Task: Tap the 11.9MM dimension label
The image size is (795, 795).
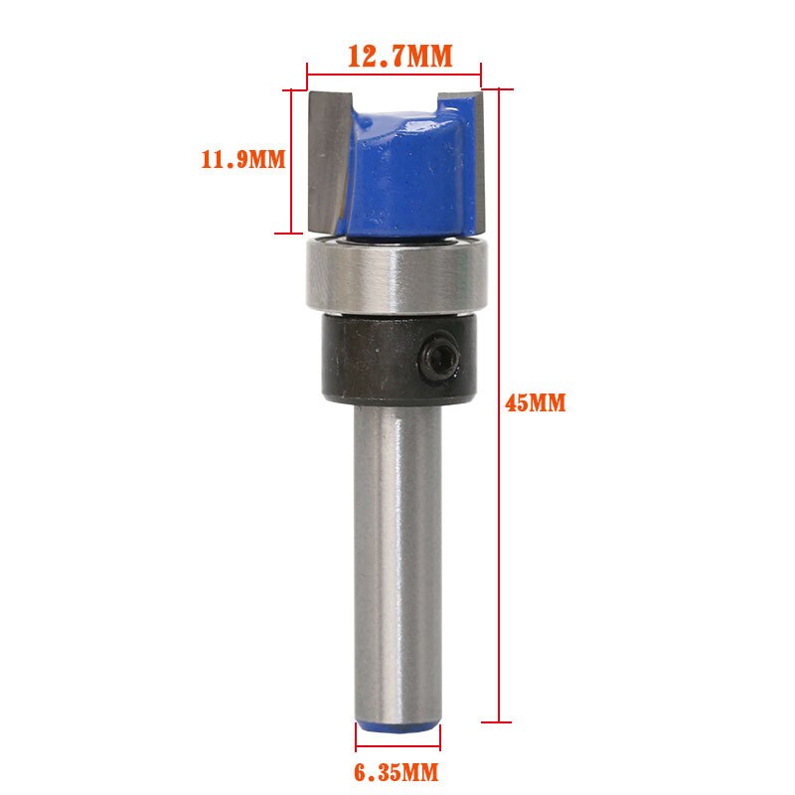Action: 242,159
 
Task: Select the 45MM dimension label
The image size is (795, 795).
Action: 536,403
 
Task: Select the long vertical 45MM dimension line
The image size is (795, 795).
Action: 497,447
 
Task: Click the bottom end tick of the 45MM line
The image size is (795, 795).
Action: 497,722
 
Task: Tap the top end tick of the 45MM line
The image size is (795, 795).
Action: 497,90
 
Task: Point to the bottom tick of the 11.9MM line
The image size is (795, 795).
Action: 290,234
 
